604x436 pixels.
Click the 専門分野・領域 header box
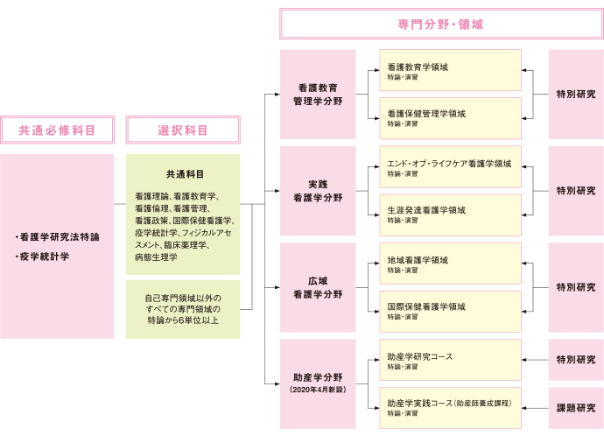440,25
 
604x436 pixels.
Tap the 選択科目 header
183,130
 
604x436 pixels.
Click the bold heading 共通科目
184,173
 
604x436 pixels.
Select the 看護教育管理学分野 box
318,95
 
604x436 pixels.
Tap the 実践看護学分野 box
318,191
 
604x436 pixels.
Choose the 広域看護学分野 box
318,287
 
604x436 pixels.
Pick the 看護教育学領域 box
450,71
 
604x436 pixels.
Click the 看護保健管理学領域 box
450,118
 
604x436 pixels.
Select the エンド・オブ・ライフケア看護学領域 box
450,167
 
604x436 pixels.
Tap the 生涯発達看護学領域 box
450,214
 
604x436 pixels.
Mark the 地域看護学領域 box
450,264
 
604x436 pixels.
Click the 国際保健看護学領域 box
450,311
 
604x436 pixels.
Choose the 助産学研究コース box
450,360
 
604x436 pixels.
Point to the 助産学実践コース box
450,407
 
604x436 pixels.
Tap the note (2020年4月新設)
318,388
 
